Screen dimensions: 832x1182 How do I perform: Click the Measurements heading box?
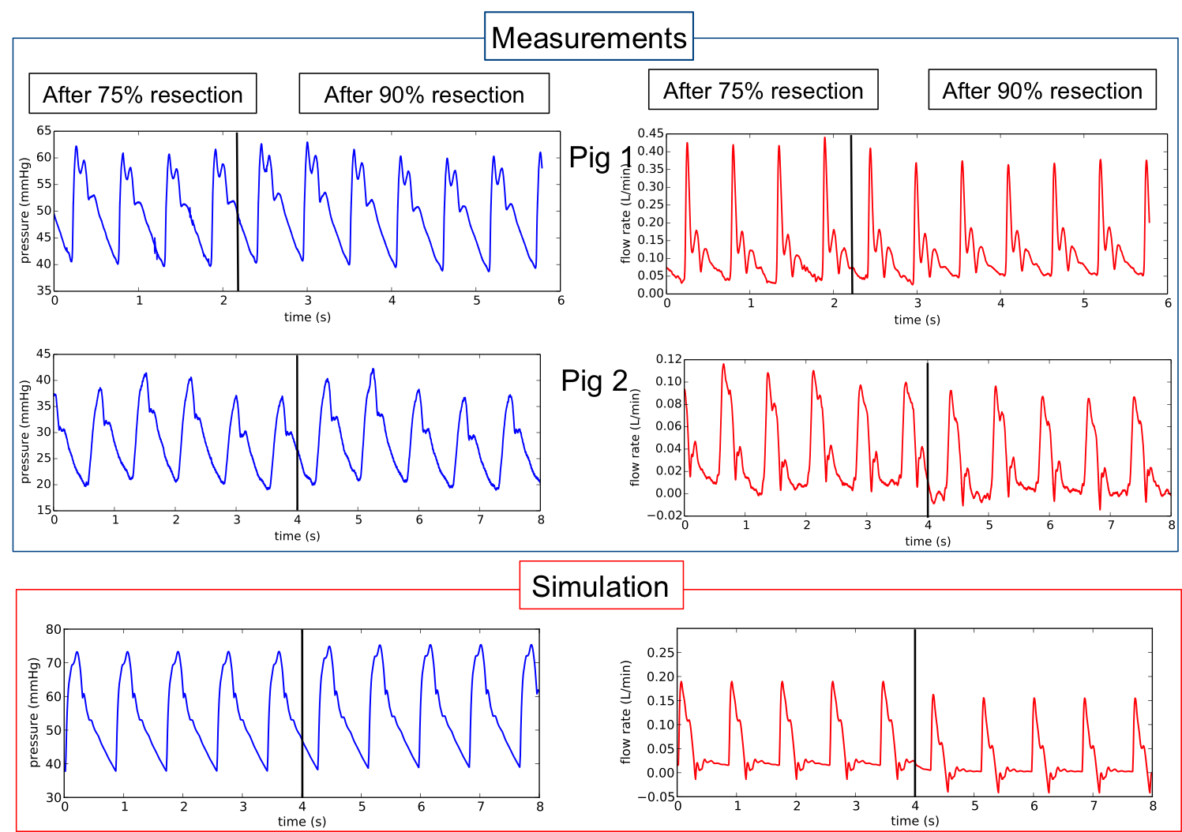coord(588,37)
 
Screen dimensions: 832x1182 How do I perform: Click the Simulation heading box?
coord(600,586)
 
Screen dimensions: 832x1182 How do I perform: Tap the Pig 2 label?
coord(594,380)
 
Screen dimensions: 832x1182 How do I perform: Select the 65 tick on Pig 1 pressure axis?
coord(43,131)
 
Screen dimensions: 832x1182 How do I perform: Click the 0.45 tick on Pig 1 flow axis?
coord(651,133)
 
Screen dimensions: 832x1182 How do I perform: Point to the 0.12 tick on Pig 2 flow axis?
coord(668,359)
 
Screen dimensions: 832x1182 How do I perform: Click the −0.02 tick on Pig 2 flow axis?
coord(665,515)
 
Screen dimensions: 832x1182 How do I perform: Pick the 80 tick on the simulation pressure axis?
coord(53,629)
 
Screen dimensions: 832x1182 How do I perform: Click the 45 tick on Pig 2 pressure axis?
coord(43,354)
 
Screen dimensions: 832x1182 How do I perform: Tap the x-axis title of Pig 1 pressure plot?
coord(307,317)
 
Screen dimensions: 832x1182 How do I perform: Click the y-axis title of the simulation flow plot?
coord(626,712)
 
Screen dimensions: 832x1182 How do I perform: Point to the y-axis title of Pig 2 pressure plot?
coord(24,432)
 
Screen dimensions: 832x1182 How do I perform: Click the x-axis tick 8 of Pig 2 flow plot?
coord(1172,525)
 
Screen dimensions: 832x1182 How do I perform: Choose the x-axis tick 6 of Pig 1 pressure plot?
coord(561,301)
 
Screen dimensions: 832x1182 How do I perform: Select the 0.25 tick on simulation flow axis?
coord(660,652)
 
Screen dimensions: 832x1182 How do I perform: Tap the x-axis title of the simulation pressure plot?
coord(302,822)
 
